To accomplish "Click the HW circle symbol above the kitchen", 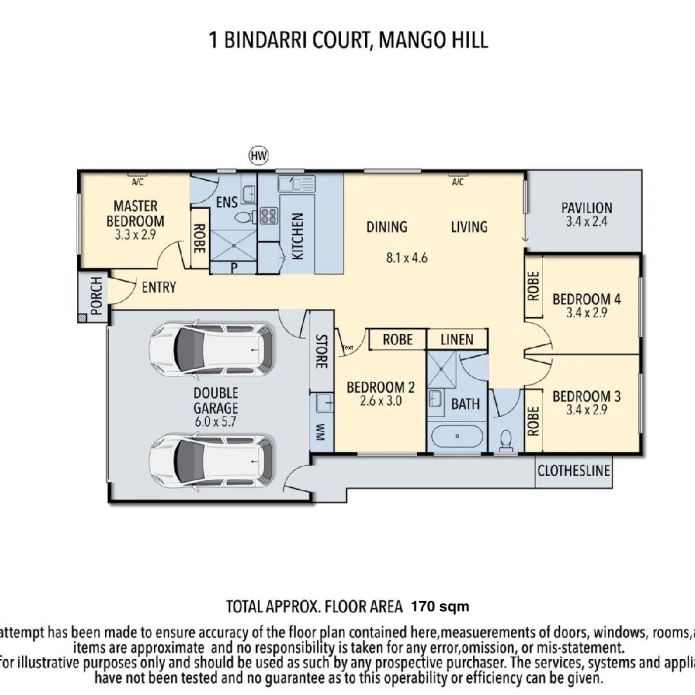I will [259, 155].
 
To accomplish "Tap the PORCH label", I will [96, 296].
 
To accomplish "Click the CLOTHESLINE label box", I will [573, 471].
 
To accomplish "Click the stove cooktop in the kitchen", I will [268, 216].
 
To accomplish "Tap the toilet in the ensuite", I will [243, 218].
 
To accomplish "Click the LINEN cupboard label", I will [457, 339].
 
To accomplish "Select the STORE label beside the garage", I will [320, 351].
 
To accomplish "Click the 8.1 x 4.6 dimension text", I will [407, 258].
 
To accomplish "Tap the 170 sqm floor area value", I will [440, 606].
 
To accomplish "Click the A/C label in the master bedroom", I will [137, 182].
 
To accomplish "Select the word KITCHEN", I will [297, 236].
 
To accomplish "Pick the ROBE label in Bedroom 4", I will [533, 286].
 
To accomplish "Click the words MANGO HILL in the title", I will [433, 40].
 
